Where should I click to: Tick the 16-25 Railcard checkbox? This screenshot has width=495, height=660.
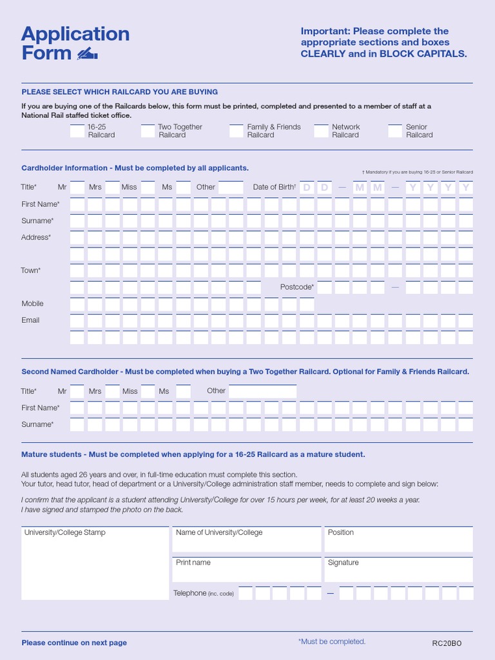tap(77, 131)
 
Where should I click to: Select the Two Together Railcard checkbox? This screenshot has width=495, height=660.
tap(148, 131)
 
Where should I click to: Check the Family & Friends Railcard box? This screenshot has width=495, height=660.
tap(236, 131)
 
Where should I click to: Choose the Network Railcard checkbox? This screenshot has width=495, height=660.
tap(321, 131)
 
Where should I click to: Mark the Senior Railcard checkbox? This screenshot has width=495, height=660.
tap(395, 131)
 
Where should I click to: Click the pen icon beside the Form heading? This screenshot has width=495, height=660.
tap(87, 53)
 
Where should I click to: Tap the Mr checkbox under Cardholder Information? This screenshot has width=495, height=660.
tap(77, 188)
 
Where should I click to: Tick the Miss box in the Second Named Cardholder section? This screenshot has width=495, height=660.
tap(148, 391)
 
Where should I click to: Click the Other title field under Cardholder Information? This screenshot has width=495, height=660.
tap(231, 188)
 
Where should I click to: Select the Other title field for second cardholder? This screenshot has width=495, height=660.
tap(262, 391)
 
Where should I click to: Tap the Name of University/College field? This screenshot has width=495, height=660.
tap(246, 539)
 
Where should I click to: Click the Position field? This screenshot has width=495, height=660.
tap(398, 539)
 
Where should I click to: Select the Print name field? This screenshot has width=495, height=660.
tap(246, 570)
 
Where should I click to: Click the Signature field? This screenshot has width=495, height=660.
tap(398, 570)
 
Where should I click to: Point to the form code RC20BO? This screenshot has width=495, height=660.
tap(447, 643)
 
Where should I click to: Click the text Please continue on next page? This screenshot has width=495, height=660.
tap(74, 643)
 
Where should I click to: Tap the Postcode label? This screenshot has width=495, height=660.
tap(297, 287)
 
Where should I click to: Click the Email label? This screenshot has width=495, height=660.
tap(30, 320)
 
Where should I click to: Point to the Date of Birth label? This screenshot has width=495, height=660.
tap(274, 188)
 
